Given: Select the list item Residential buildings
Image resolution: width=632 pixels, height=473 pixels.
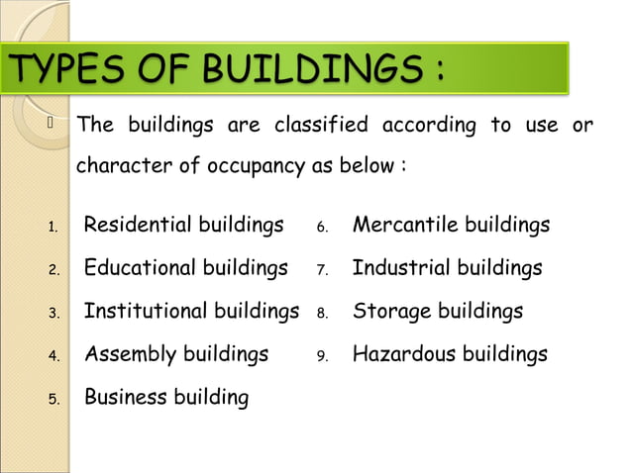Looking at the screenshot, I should coord(183,226).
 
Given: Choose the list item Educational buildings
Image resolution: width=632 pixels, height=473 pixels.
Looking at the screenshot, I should coord(185,268).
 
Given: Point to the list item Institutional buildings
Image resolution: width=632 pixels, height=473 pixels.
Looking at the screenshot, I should coord(191,312).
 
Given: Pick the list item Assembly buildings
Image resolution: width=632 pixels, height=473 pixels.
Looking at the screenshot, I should coord(175,354).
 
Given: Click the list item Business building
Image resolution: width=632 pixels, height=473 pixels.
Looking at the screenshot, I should coord(166,398).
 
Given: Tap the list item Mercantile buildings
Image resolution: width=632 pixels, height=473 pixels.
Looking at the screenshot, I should coord(451,226).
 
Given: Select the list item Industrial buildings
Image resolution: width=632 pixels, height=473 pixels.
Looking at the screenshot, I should coord(447,268).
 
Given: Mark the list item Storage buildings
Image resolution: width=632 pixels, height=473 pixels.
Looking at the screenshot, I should coord(437,312).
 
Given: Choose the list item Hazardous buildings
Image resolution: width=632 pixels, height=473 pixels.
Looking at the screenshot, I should coord(450,354).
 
